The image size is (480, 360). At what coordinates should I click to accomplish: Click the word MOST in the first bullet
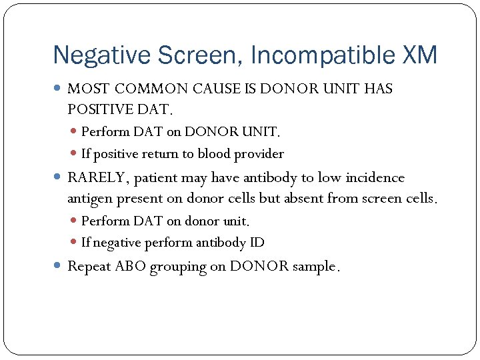click(x=89, y=89)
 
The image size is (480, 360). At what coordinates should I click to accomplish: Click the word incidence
click(x=375, y=178)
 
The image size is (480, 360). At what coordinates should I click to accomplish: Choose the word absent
click(x=315, y=198)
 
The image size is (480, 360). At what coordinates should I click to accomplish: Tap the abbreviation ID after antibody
click(x=257, y=243)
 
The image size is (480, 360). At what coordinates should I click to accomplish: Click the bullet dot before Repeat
click(x=58, y=266)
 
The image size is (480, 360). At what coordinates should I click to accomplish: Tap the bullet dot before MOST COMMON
click(x=58, y=89)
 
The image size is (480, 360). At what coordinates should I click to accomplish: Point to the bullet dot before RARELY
click(x=58, y=178)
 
